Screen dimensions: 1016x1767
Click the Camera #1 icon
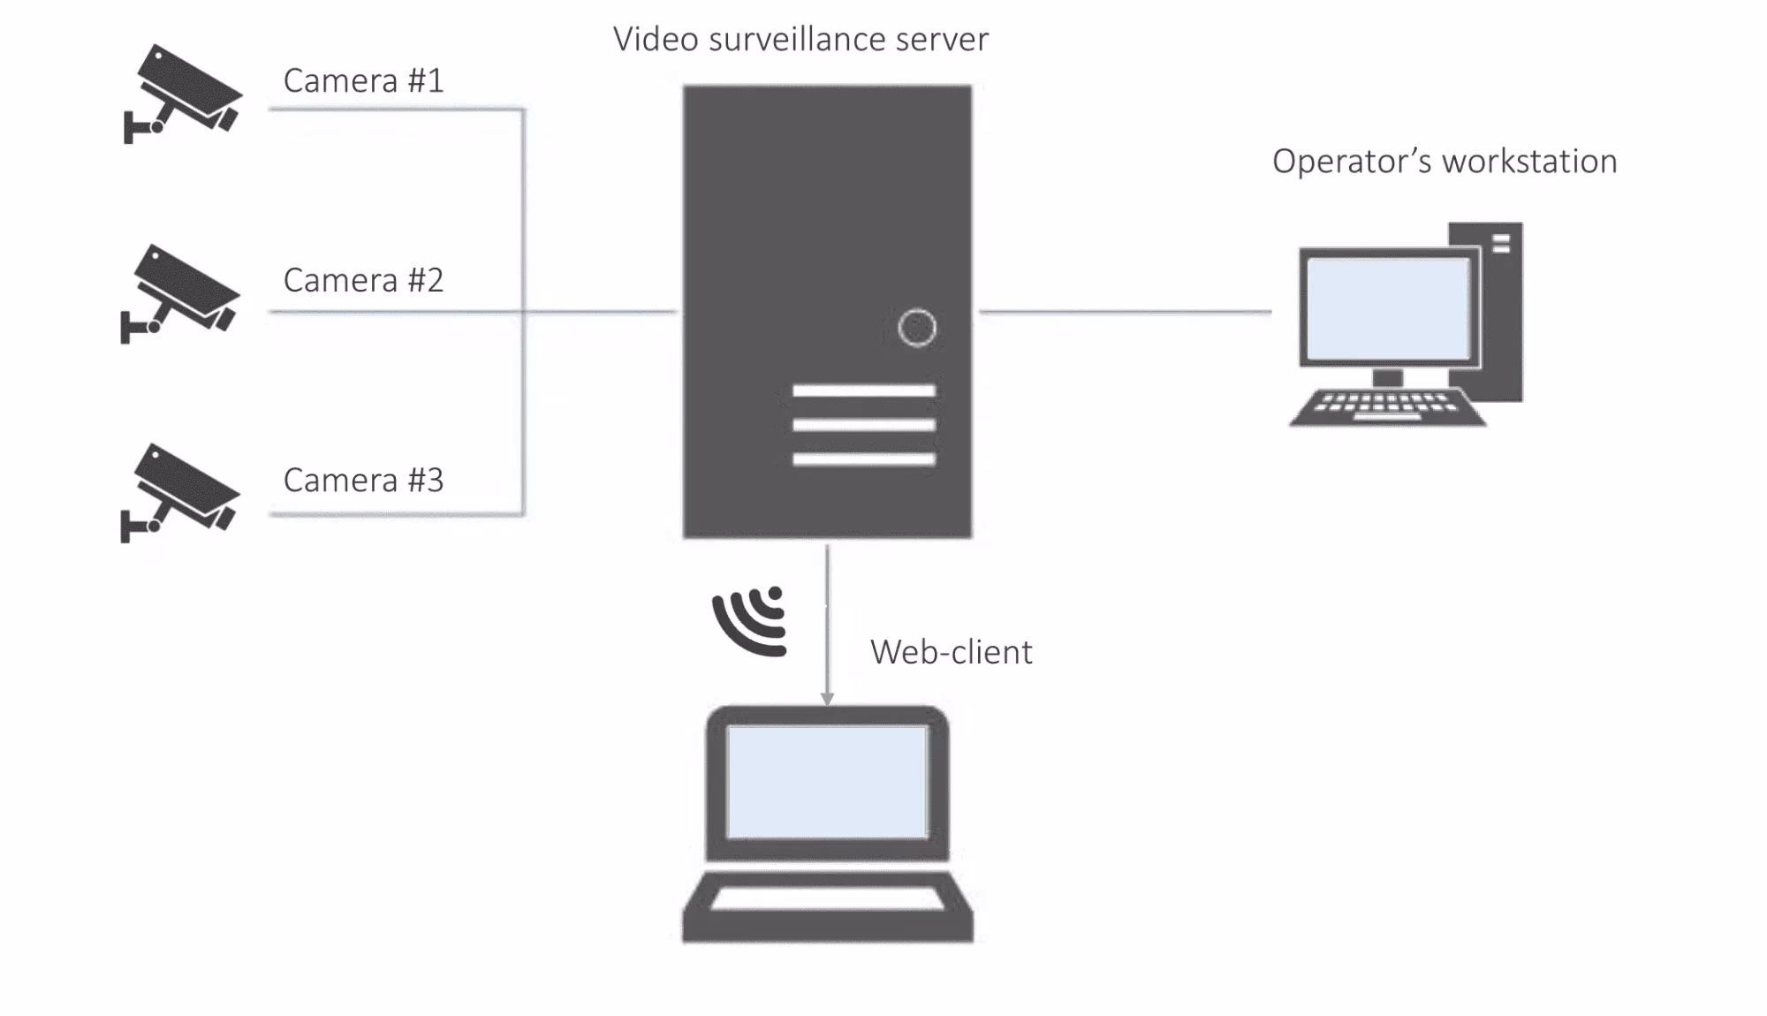[x=183, y=93]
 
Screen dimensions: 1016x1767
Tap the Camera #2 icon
[x=180, y=292]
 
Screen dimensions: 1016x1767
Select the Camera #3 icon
[x=180, y=492]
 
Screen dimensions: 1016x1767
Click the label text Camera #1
[x=363, y=80]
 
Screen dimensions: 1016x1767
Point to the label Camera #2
[x=363, y=280]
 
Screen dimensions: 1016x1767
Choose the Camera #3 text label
[x=363, y=480]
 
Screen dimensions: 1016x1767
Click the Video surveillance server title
[x=800, y=39]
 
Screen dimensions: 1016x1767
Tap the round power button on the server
[x=916, y=328]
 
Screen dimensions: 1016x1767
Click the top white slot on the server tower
[x=863, y=390]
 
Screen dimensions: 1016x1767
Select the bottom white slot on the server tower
[x=863, y=459]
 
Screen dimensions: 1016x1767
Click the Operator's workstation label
[x=1444, y=161]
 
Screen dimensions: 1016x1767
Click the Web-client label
[x=951, y=652]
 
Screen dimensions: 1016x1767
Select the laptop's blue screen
[x=827, y=782]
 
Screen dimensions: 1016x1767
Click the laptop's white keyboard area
[x=827, y=899]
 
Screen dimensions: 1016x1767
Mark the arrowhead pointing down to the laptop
[x=827, y=698]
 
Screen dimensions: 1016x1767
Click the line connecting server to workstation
[x=1124, y=311]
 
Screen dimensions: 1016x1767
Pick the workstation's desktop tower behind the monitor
[x=1502, y=309]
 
